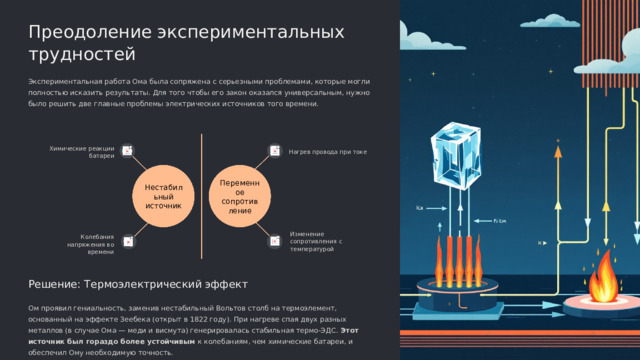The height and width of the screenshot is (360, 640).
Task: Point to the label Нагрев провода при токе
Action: pos(327,152)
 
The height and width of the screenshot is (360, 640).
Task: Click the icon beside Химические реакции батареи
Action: pos(129,152)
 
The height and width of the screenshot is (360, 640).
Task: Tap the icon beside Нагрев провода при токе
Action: pos(274,152)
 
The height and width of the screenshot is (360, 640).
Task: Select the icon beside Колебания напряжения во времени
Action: pos(129,240)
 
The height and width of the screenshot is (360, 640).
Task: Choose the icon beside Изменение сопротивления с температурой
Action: pos(274,240)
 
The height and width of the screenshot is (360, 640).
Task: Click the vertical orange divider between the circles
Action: pos(201,196)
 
